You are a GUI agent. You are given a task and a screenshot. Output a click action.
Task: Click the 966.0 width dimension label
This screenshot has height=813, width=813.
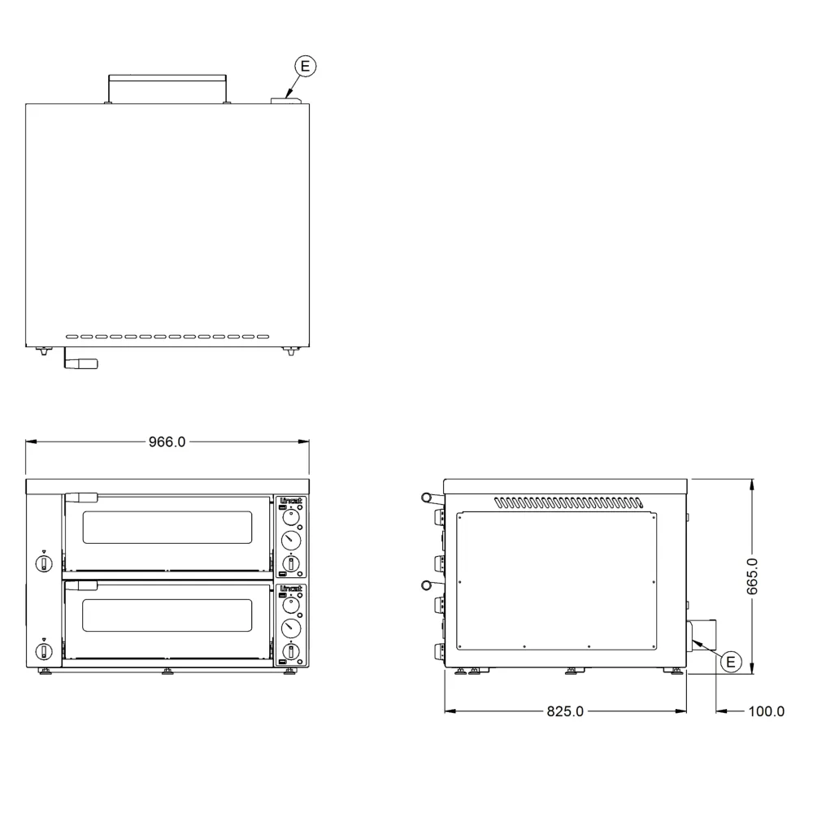point(167,441)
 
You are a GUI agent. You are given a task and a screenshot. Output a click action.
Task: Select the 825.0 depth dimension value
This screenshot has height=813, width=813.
point(565,711)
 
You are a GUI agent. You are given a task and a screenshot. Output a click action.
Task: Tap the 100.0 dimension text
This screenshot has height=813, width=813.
point(767,711)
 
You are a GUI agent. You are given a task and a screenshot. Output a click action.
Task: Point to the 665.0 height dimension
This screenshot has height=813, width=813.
point(753,576)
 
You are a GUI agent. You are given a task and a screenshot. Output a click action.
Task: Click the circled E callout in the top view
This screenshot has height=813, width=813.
point(306,66)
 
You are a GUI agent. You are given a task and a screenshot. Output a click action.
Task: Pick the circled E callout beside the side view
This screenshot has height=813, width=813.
point(731,662)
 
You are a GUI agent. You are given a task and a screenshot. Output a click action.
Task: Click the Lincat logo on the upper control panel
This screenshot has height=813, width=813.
point(291,501)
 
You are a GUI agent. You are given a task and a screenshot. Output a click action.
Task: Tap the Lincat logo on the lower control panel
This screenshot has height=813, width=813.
point(291,589)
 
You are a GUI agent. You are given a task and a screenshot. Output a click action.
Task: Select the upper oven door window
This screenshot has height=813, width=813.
point(167,528)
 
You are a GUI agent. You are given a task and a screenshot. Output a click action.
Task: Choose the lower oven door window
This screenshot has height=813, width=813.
point(167,615)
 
